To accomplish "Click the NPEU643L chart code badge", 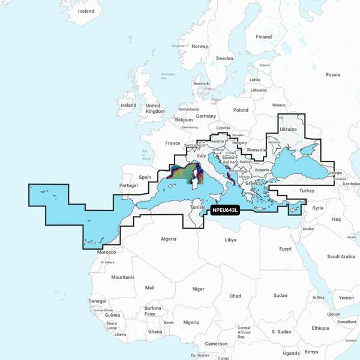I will pos(226,210).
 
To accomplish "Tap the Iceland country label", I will pos(86,11).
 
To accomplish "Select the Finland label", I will pos(264,37).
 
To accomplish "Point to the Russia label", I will pos(332,74).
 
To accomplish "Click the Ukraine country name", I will pos(289,129).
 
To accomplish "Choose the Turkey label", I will pos(307,190).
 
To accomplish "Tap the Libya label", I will pos(230,239).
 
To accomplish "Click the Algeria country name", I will pos(169,239).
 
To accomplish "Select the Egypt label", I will pos(285,248).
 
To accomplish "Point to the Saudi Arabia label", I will pos(341,256).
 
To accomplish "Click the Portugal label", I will pos(129,185).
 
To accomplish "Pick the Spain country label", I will pos(145,177).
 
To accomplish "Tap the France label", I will pos(173,143).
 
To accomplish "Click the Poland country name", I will pos(241,110).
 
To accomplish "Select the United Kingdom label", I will pos(155,108).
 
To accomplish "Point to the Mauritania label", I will pos(123,277).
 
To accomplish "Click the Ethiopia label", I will pos(320,328).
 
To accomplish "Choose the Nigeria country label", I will pos(191,322).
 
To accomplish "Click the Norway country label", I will pos(200,46).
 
